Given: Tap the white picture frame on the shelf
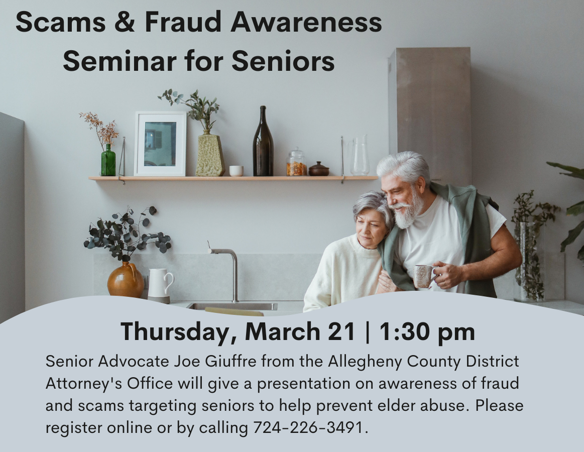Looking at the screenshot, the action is click(160, 144).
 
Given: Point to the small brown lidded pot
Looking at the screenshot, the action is click(319, 169).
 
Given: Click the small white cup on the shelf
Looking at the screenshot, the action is click(236, 171).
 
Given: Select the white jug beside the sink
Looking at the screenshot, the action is click(160, 285).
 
